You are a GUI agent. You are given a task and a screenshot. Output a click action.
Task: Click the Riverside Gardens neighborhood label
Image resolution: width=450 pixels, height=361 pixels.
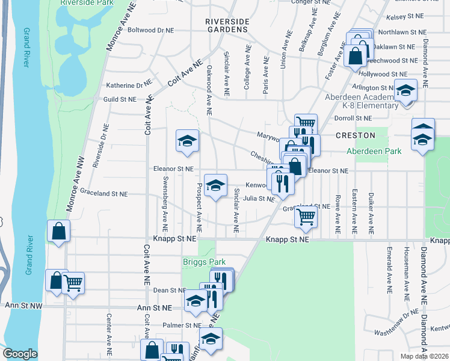[x=226, y=25]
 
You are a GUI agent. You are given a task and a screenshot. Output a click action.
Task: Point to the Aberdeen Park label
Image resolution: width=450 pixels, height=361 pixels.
[x=374, y=152]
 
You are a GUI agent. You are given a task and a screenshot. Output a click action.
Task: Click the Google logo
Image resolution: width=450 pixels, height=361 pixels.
[x=20, y=354]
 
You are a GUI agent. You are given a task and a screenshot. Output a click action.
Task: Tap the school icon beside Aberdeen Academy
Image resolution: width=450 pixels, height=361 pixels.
[x=405, y=90]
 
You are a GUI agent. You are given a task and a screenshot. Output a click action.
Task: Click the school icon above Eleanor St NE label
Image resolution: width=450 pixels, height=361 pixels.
[x=187, y=141]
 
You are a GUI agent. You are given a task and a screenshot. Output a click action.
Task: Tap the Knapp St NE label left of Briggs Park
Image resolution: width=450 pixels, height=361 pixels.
[x=175, y=239]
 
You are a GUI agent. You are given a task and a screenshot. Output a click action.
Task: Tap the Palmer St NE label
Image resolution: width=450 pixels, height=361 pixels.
[x=182, y=325]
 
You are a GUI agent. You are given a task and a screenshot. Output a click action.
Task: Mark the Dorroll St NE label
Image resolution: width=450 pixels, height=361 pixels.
[x=354, y=119]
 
